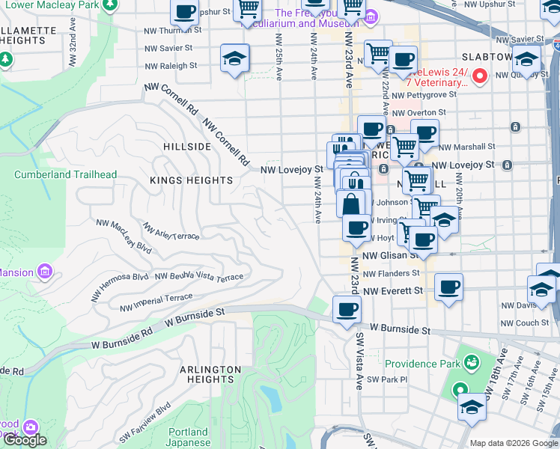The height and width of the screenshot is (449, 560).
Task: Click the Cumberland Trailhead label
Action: point(66,174)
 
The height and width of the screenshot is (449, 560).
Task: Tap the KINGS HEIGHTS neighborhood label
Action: point(192,180)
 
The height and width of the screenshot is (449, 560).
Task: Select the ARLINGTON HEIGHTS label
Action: point(210,375)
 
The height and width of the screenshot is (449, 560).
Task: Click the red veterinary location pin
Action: point(480,76)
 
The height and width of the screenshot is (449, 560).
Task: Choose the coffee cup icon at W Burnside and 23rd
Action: point(347,310)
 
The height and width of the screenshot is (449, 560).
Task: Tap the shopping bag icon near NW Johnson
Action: point(350,203)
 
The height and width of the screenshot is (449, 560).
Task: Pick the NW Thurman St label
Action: point(171,31)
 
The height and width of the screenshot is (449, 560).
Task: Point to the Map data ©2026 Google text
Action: point(513,442)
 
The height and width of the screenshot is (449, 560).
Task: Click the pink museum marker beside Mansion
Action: point(44,270)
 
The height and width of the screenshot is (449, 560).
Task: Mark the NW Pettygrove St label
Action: point(424,95)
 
